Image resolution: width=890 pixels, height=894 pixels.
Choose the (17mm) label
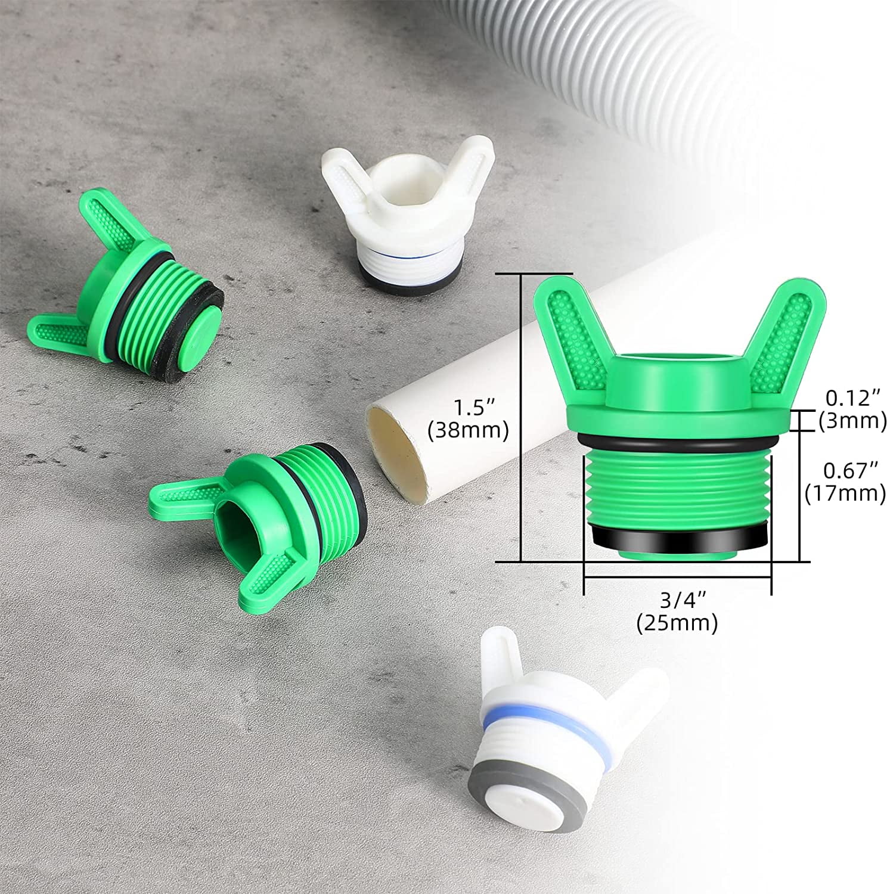845,494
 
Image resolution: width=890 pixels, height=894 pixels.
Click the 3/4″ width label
677,600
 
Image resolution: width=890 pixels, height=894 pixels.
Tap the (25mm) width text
677,623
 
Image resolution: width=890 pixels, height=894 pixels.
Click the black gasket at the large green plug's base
677,541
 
